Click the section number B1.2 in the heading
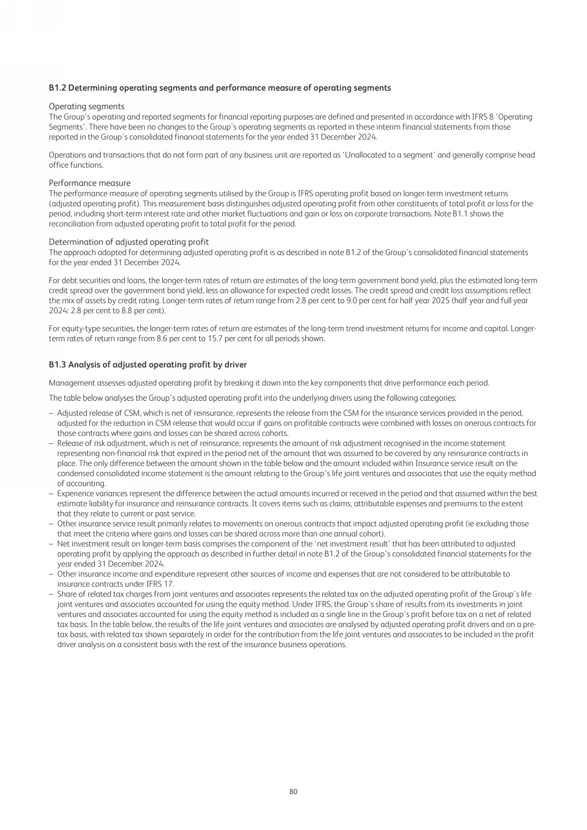57,88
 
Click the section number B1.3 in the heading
57,364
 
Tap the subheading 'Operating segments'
86,107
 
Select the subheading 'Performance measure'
89,183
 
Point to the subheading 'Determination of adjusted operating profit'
129,242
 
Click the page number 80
293,791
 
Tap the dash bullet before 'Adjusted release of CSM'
51,413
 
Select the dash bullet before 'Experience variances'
51,493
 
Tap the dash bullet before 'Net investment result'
51,544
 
